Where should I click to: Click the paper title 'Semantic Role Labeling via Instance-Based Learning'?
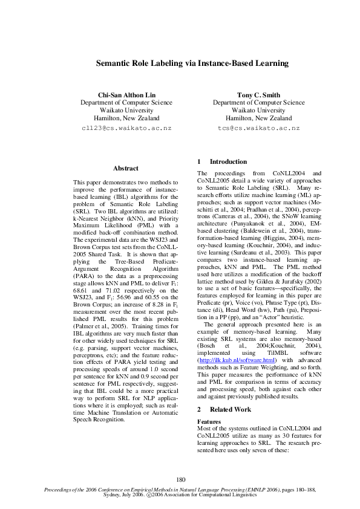tap(180, 63)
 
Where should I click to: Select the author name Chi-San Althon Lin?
tap(127, 95)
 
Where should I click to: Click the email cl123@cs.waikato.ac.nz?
tap(127, 128)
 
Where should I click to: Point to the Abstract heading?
tap(126, 168)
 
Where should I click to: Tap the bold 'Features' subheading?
tap(209, 421)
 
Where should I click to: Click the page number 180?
tap(180, 479)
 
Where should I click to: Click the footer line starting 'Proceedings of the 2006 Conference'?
tap(180, 490)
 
